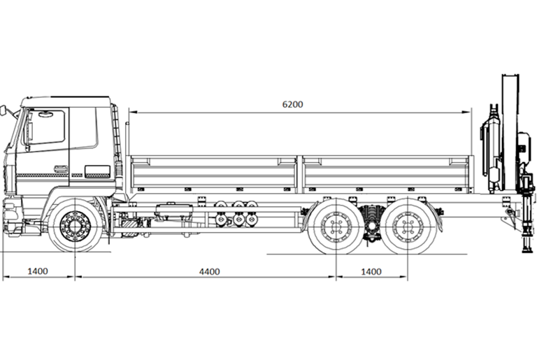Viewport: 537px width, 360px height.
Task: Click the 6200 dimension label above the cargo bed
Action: [x=292, y=104]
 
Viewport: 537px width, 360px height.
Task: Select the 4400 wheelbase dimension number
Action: [x=209, y=271]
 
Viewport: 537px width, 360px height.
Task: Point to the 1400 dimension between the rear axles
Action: [x=371, y=271]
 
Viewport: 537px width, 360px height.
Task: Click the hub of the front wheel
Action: [x=73, y=226]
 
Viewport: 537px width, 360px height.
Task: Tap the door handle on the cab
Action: [x=60, y=168]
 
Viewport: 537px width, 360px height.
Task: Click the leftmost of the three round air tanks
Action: [x=223, y=213]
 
